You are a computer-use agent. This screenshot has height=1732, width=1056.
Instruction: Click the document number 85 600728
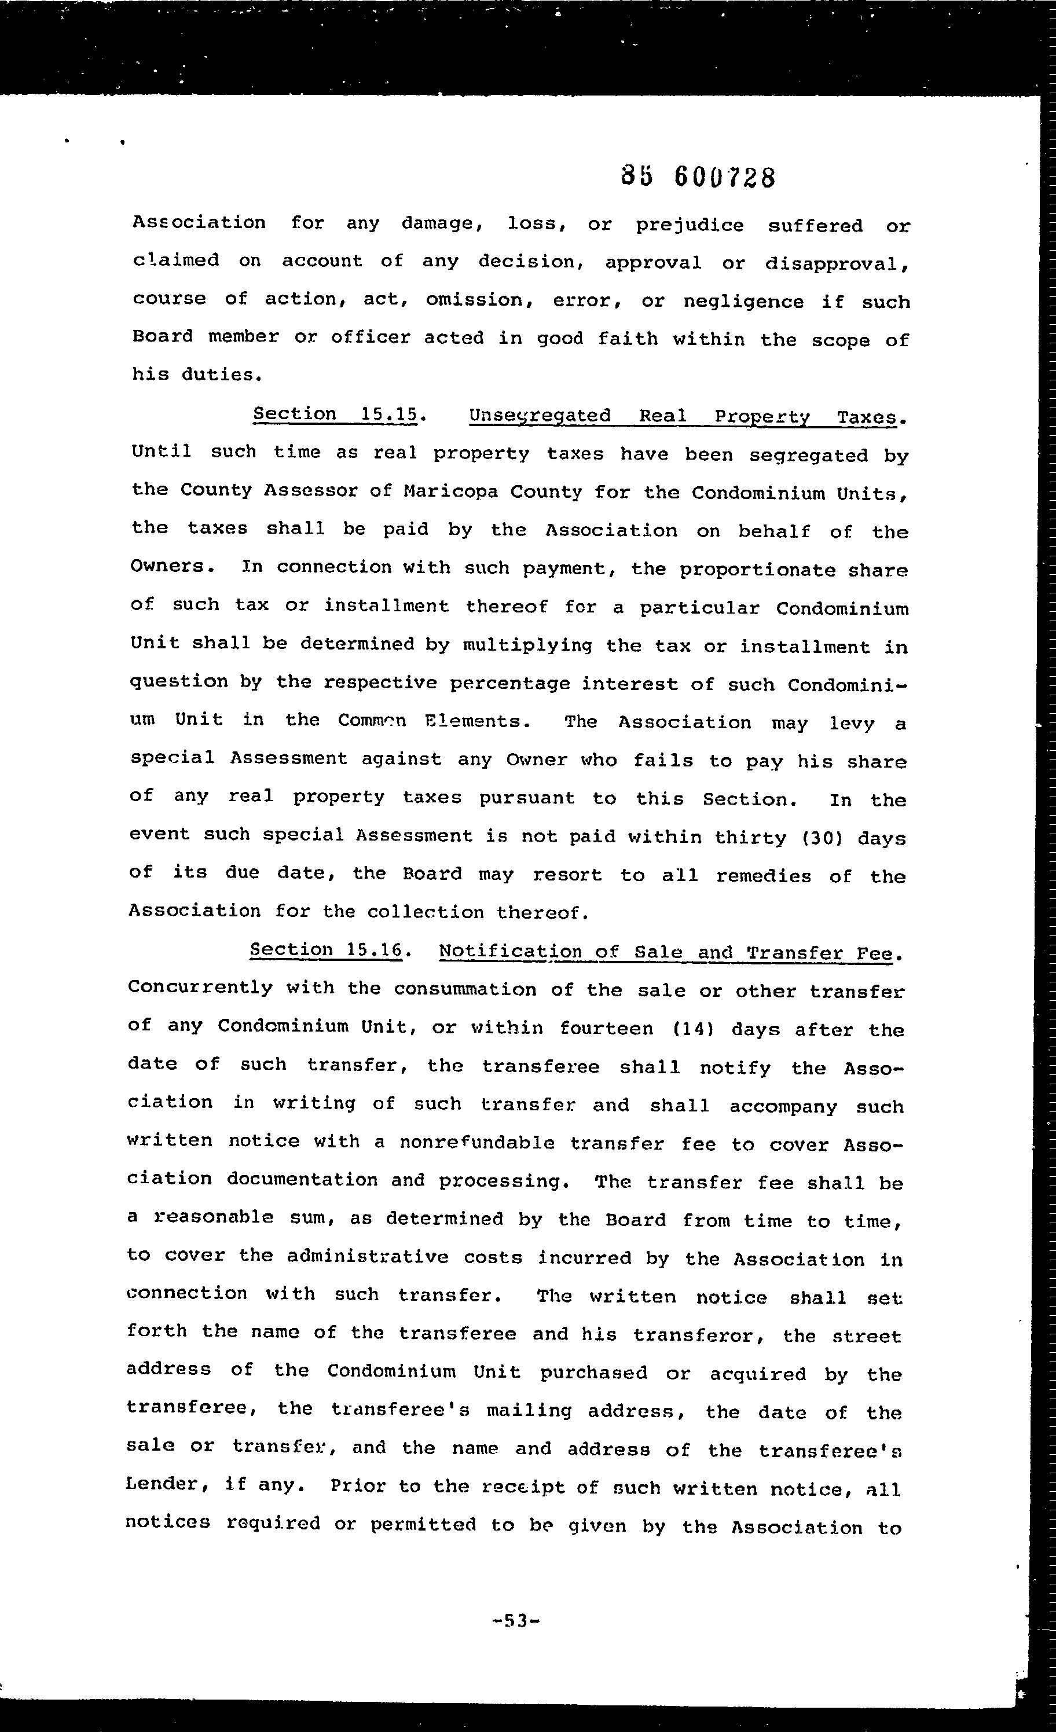pyautogui.click(x=698, y=177)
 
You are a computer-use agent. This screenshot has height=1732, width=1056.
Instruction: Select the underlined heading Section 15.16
pyautogui.click(x=326, y=949)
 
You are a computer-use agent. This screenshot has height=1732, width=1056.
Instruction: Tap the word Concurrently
pyautogui.click(x=200, y=987)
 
